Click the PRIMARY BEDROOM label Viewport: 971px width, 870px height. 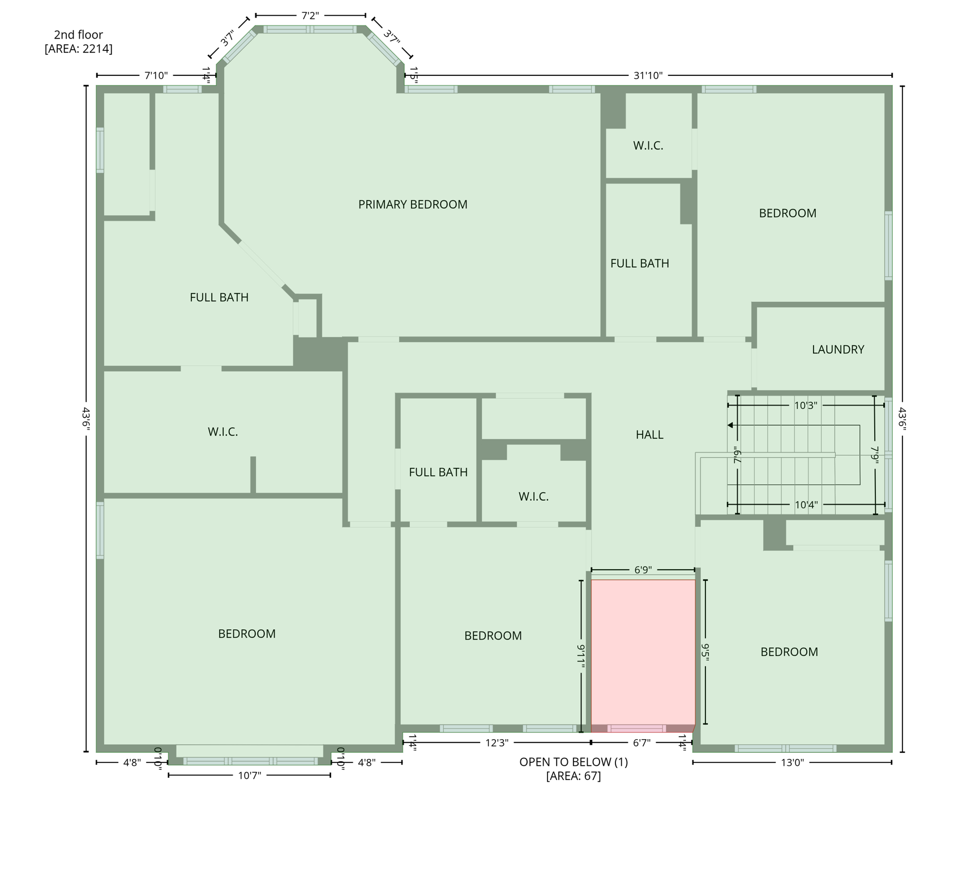(x=413, y=204)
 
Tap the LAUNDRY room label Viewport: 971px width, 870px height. (x=837, y=349)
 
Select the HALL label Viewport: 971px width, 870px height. (x=649, y=434)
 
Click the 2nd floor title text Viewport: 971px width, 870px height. (x=78, y=35)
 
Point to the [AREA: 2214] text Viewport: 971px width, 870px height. (x=78, y=49)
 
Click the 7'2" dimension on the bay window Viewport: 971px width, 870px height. (x=310, y=15)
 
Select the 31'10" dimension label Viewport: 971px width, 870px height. (x=648, y=75)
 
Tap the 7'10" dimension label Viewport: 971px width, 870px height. (x=156, y=75)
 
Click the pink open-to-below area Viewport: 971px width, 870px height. (x=643, y=651)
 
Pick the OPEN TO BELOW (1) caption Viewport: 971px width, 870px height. (x=573, y=762)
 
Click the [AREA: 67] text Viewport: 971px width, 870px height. (x=573, y=776)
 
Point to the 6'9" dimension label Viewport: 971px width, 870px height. (x=643, y=570)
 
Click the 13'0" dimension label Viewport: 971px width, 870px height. (x=792, y=762)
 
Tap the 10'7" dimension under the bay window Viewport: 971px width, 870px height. (x=249, y=775)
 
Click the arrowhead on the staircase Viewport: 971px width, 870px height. (x=731, y=425)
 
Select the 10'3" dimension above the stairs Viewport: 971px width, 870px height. (x=805, y=406)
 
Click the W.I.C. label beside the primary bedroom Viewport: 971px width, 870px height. (x=648, y=146)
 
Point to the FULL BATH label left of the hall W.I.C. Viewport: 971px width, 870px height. (x=438, y=472)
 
